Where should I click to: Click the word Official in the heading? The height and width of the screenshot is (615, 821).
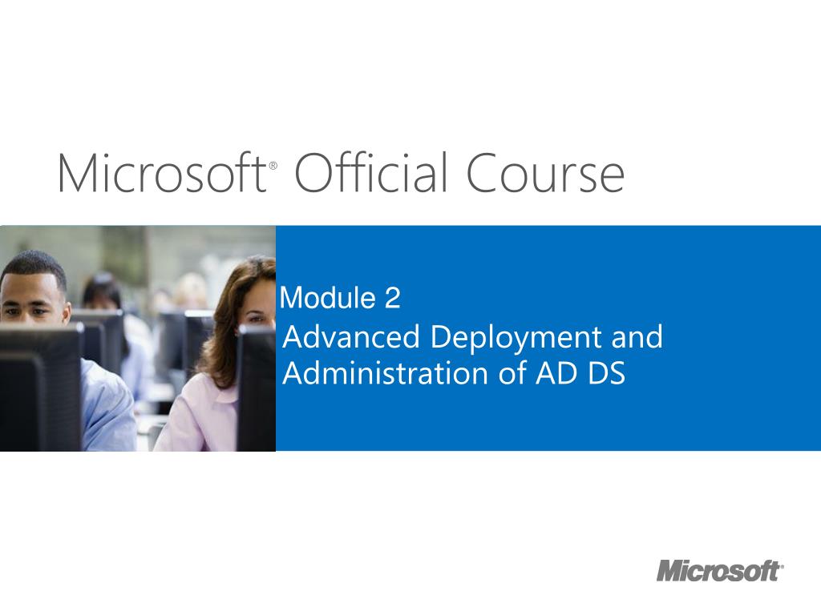click(371, 172)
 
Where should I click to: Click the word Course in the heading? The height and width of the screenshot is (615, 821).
click(545, 173)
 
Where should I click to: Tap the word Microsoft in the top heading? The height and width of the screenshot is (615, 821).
click(162, 173)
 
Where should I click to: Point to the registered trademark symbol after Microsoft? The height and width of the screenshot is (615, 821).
click(273, 166)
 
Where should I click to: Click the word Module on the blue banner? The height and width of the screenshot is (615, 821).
click(328, 298)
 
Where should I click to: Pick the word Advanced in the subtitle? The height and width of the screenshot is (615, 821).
click(351, 336)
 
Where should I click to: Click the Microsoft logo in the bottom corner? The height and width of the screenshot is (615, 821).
click(720, 570)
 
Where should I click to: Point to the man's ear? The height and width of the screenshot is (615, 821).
click(66, 314)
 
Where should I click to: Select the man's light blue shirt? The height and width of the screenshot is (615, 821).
click(107, 408)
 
